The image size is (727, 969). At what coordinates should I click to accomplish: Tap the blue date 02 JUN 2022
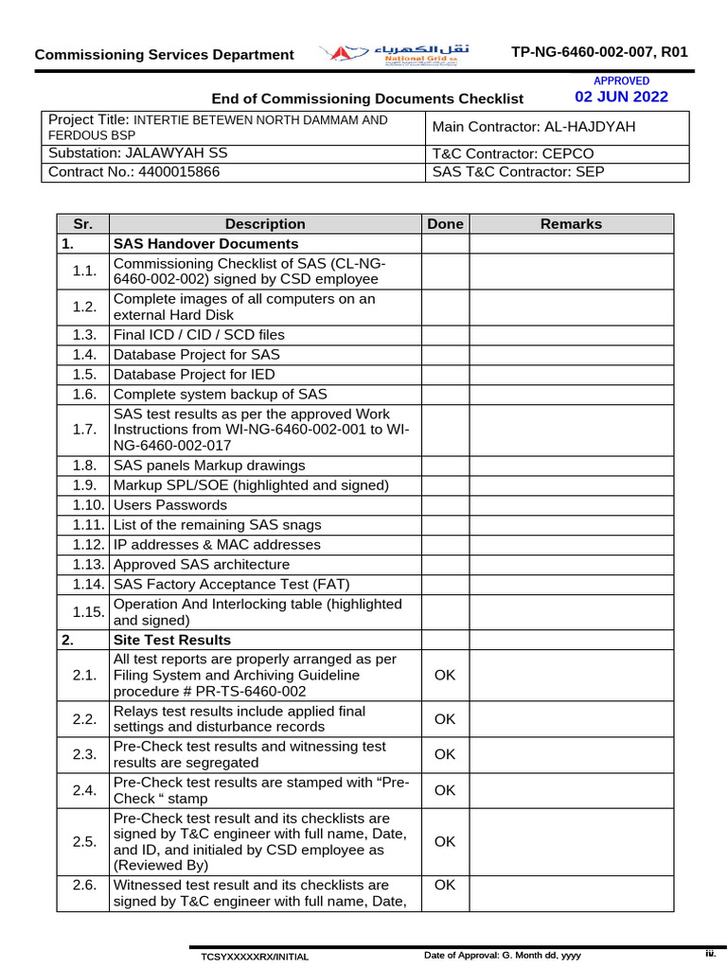[621, 97]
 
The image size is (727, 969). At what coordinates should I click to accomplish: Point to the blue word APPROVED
[621, 81]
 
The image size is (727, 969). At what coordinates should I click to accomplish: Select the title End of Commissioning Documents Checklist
[367, 98]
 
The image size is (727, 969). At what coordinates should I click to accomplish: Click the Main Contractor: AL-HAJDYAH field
[534, 127]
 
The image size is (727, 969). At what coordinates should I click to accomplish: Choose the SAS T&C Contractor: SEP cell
[518, 171]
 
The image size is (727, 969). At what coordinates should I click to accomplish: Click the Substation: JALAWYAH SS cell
[137, 152]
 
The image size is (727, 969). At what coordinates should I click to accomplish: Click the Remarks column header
[571, 224]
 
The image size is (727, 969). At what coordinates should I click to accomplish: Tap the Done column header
[445, 224]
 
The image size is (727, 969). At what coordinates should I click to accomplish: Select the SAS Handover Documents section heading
[205, 244]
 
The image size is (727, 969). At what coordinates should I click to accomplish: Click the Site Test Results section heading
[171, 640]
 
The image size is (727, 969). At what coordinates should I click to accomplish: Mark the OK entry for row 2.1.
[445, 676]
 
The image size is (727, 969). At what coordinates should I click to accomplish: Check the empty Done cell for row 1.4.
[445, 355]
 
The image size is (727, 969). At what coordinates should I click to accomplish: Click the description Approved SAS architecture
[201, 565]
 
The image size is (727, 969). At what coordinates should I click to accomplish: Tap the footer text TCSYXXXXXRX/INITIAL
[254, 957]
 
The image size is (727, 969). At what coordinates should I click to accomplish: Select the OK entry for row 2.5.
[445, 841]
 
